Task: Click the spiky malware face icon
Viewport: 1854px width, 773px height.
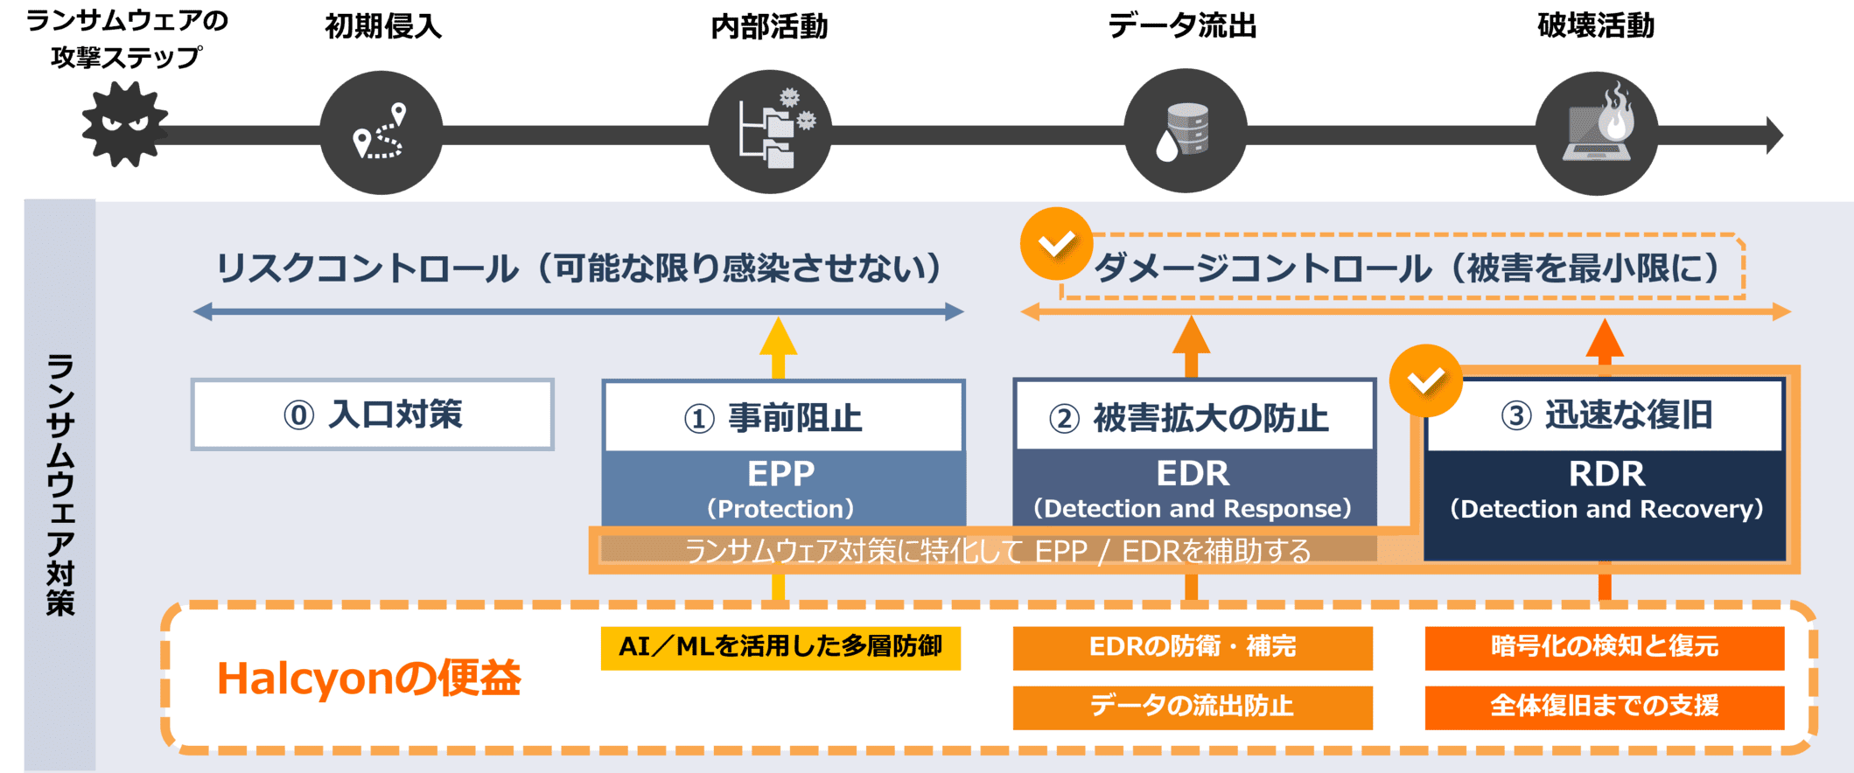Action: click(124, 125)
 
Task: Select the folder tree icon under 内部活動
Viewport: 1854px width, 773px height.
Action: click(769, 131)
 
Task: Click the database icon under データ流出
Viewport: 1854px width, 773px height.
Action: click(1185, 132)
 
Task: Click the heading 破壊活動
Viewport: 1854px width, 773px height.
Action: click(1596, 26)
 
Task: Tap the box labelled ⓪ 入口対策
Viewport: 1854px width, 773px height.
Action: click(373, 414)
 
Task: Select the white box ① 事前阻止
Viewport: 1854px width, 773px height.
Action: click(783, 417)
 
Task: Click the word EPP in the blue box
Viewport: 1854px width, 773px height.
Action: click(781, 474)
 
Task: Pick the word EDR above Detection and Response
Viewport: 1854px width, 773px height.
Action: click(1193, 474)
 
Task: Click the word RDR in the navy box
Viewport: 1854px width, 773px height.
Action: click(1606, 474)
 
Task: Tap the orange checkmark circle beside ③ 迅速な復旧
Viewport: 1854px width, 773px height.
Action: click(1426, 380)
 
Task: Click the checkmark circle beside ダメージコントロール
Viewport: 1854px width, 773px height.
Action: click(1056, 243)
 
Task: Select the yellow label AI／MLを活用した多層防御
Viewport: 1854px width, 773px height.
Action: click(780, 647)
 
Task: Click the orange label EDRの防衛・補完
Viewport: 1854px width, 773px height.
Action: click(1193, 647)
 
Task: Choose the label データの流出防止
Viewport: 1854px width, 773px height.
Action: click(1193, 707)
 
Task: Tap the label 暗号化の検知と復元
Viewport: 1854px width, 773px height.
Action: click(1605, 647)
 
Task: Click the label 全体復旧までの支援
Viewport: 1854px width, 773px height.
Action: click(1605, 707)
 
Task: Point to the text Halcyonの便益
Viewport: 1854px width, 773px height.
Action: click(368, 679)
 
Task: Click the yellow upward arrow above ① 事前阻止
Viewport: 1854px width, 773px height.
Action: click(778, 346)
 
